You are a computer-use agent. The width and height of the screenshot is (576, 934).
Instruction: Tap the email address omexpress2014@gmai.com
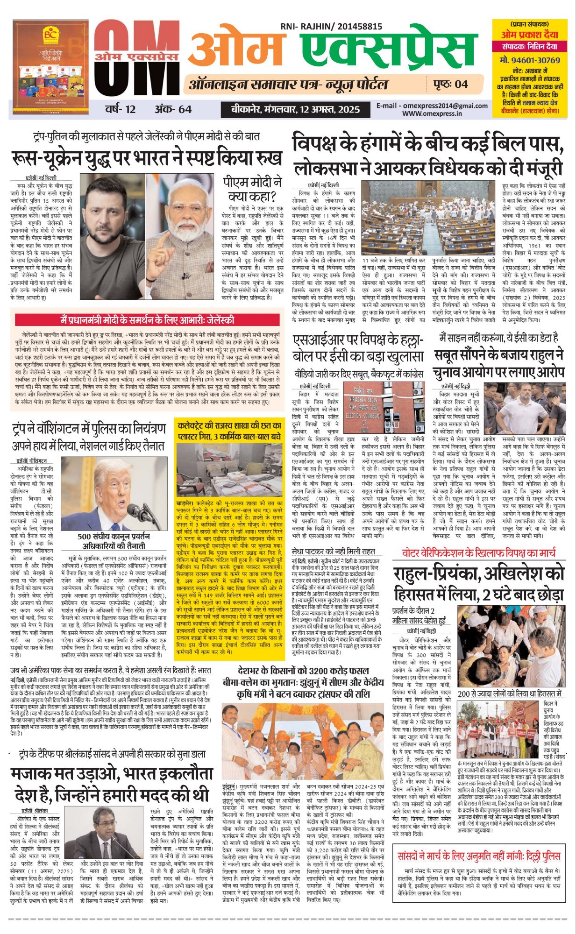[432, 106]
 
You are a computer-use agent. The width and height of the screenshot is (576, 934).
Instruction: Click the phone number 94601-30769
[529, 60]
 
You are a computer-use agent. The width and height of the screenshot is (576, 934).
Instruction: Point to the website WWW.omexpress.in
[432, 113]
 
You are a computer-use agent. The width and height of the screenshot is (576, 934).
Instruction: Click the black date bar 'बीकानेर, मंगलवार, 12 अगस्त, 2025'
[296, 109]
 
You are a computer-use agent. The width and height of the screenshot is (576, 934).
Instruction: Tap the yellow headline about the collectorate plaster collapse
[229, 431]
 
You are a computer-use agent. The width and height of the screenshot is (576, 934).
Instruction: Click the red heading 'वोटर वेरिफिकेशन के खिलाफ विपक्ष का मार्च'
[479, 553]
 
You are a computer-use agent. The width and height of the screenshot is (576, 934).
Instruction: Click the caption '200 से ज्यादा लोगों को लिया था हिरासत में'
[509, 694]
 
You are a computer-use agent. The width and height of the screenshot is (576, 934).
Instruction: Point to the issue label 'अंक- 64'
[173, 109]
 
